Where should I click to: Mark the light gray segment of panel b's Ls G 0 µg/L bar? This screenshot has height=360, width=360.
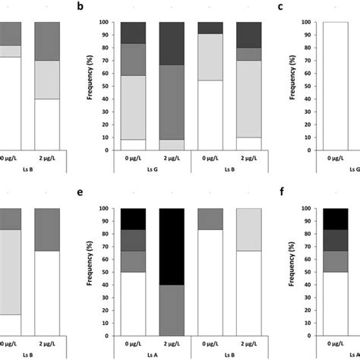click(134, 107)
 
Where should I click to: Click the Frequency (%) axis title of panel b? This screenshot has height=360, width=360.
click(90, 86)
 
